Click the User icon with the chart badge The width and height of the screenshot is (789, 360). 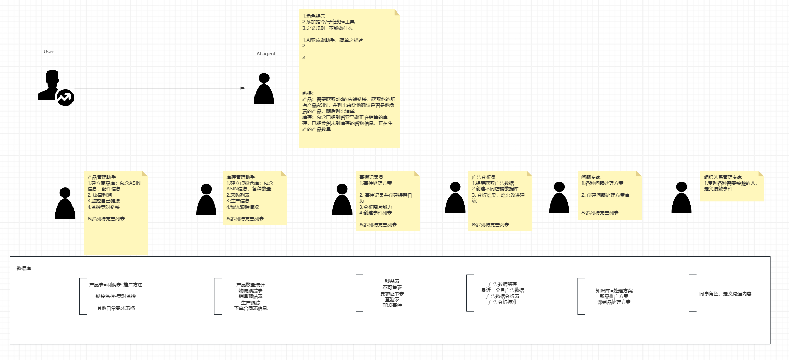tap(55, 87)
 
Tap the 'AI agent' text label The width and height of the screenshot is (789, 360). tap(266, 54)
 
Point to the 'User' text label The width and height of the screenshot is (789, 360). tap(48, 52)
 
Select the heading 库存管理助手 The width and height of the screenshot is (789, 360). tap(240, 177)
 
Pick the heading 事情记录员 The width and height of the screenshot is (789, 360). tap(371, 177)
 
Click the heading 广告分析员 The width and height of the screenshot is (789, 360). tap(483, 177)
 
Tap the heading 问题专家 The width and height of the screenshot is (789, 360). tap(591, 177)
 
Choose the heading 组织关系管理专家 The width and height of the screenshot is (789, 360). tap(723, 177)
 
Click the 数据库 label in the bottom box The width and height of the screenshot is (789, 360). tap(23, 268)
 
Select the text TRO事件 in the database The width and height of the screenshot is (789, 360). tap(392, 305)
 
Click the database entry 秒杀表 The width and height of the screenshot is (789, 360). tap(392, 281)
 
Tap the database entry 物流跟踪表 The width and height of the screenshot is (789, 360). tap(250, 290)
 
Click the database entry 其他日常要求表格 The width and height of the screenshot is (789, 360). tap(115, 308)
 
